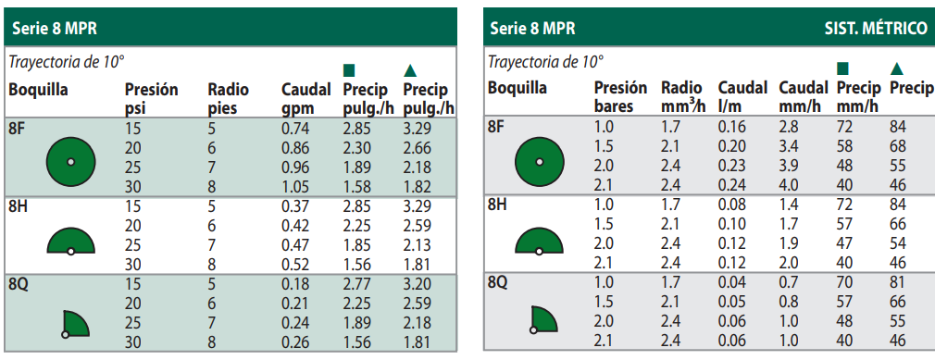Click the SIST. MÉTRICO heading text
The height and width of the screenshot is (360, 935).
tap(875, 29)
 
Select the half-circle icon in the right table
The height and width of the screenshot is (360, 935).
tap(538, 242)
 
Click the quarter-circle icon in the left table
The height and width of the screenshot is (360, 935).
tap(76, 323)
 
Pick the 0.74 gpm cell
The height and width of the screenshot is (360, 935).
tap(295, 129)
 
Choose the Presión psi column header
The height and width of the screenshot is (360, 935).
tap(151, 99)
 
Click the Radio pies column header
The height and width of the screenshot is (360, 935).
tap(228, 99)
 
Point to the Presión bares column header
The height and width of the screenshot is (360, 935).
tap(619, 97)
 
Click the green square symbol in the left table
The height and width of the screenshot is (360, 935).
tap(349, 70)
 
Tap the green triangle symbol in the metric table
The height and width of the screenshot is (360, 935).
tap(896, 68)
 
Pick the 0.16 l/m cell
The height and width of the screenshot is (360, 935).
tap(731, 127)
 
